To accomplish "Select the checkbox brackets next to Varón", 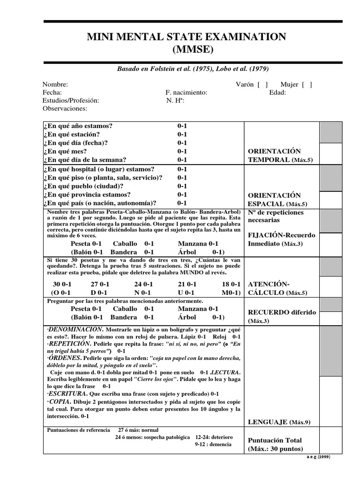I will coord(262,84).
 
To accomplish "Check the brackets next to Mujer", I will coord(307,84).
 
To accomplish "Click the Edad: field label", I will coord(277,92).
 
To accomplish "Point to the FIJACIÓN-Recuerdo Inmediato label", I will coord(281,240).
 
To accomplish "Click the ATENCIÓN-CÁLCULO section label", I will coord(277,288).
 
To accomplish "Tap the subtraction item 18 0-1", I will coord(231,284).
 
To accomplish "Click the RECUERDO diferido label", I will coord(282,316).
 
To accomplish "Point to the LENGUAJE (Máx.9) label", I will coord(279,422).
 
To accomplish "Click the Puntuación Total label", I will coord(275,444).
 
